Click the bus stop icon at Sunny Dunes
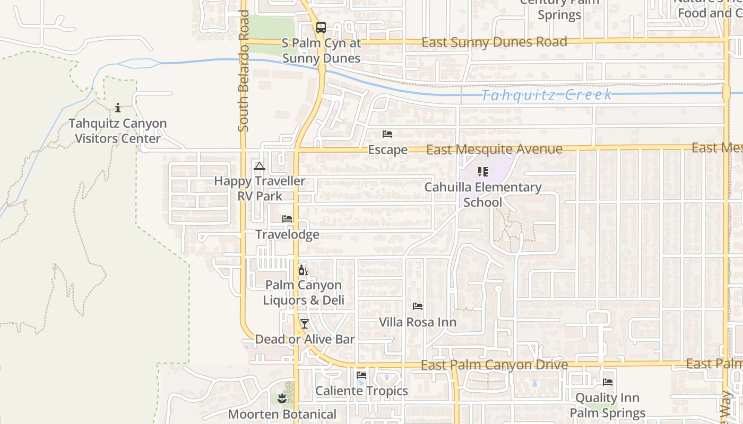(x=321, y=28)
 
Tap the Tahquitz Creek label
(x=547, y=95)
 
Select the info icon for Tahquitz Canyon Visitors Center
(x=117, y=108)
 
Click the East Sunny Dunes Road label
(x=494, y=42)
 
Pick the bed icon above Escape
(x=387, y=134)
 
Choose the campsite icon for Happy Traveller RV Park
(x=259, y=166)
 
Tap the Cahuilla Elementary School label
(x=482, y=195)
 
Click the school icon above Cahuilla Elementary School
(x=482, y=171)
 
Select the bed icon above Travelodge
(x=287, y=219)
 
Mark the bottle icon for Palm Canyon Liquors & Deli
(x=304, y=270)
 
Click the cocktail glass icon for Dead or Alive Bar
(x=304, y=324)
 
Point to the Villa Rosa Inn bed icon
(x=418, y=306)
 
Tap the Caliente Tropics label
(x=361, y=391)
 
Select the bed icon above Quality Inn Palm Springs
(x=608, y=382)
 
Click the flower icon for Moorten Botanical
(x=282, y=399)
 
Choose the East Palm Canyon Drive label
(x=494, y=365)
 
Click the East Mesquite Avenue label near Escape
(x=494, y=149)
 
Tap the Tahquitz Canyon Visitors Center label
(x=117, y=131)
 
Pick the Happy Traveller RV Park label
(x=260, y=188)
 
